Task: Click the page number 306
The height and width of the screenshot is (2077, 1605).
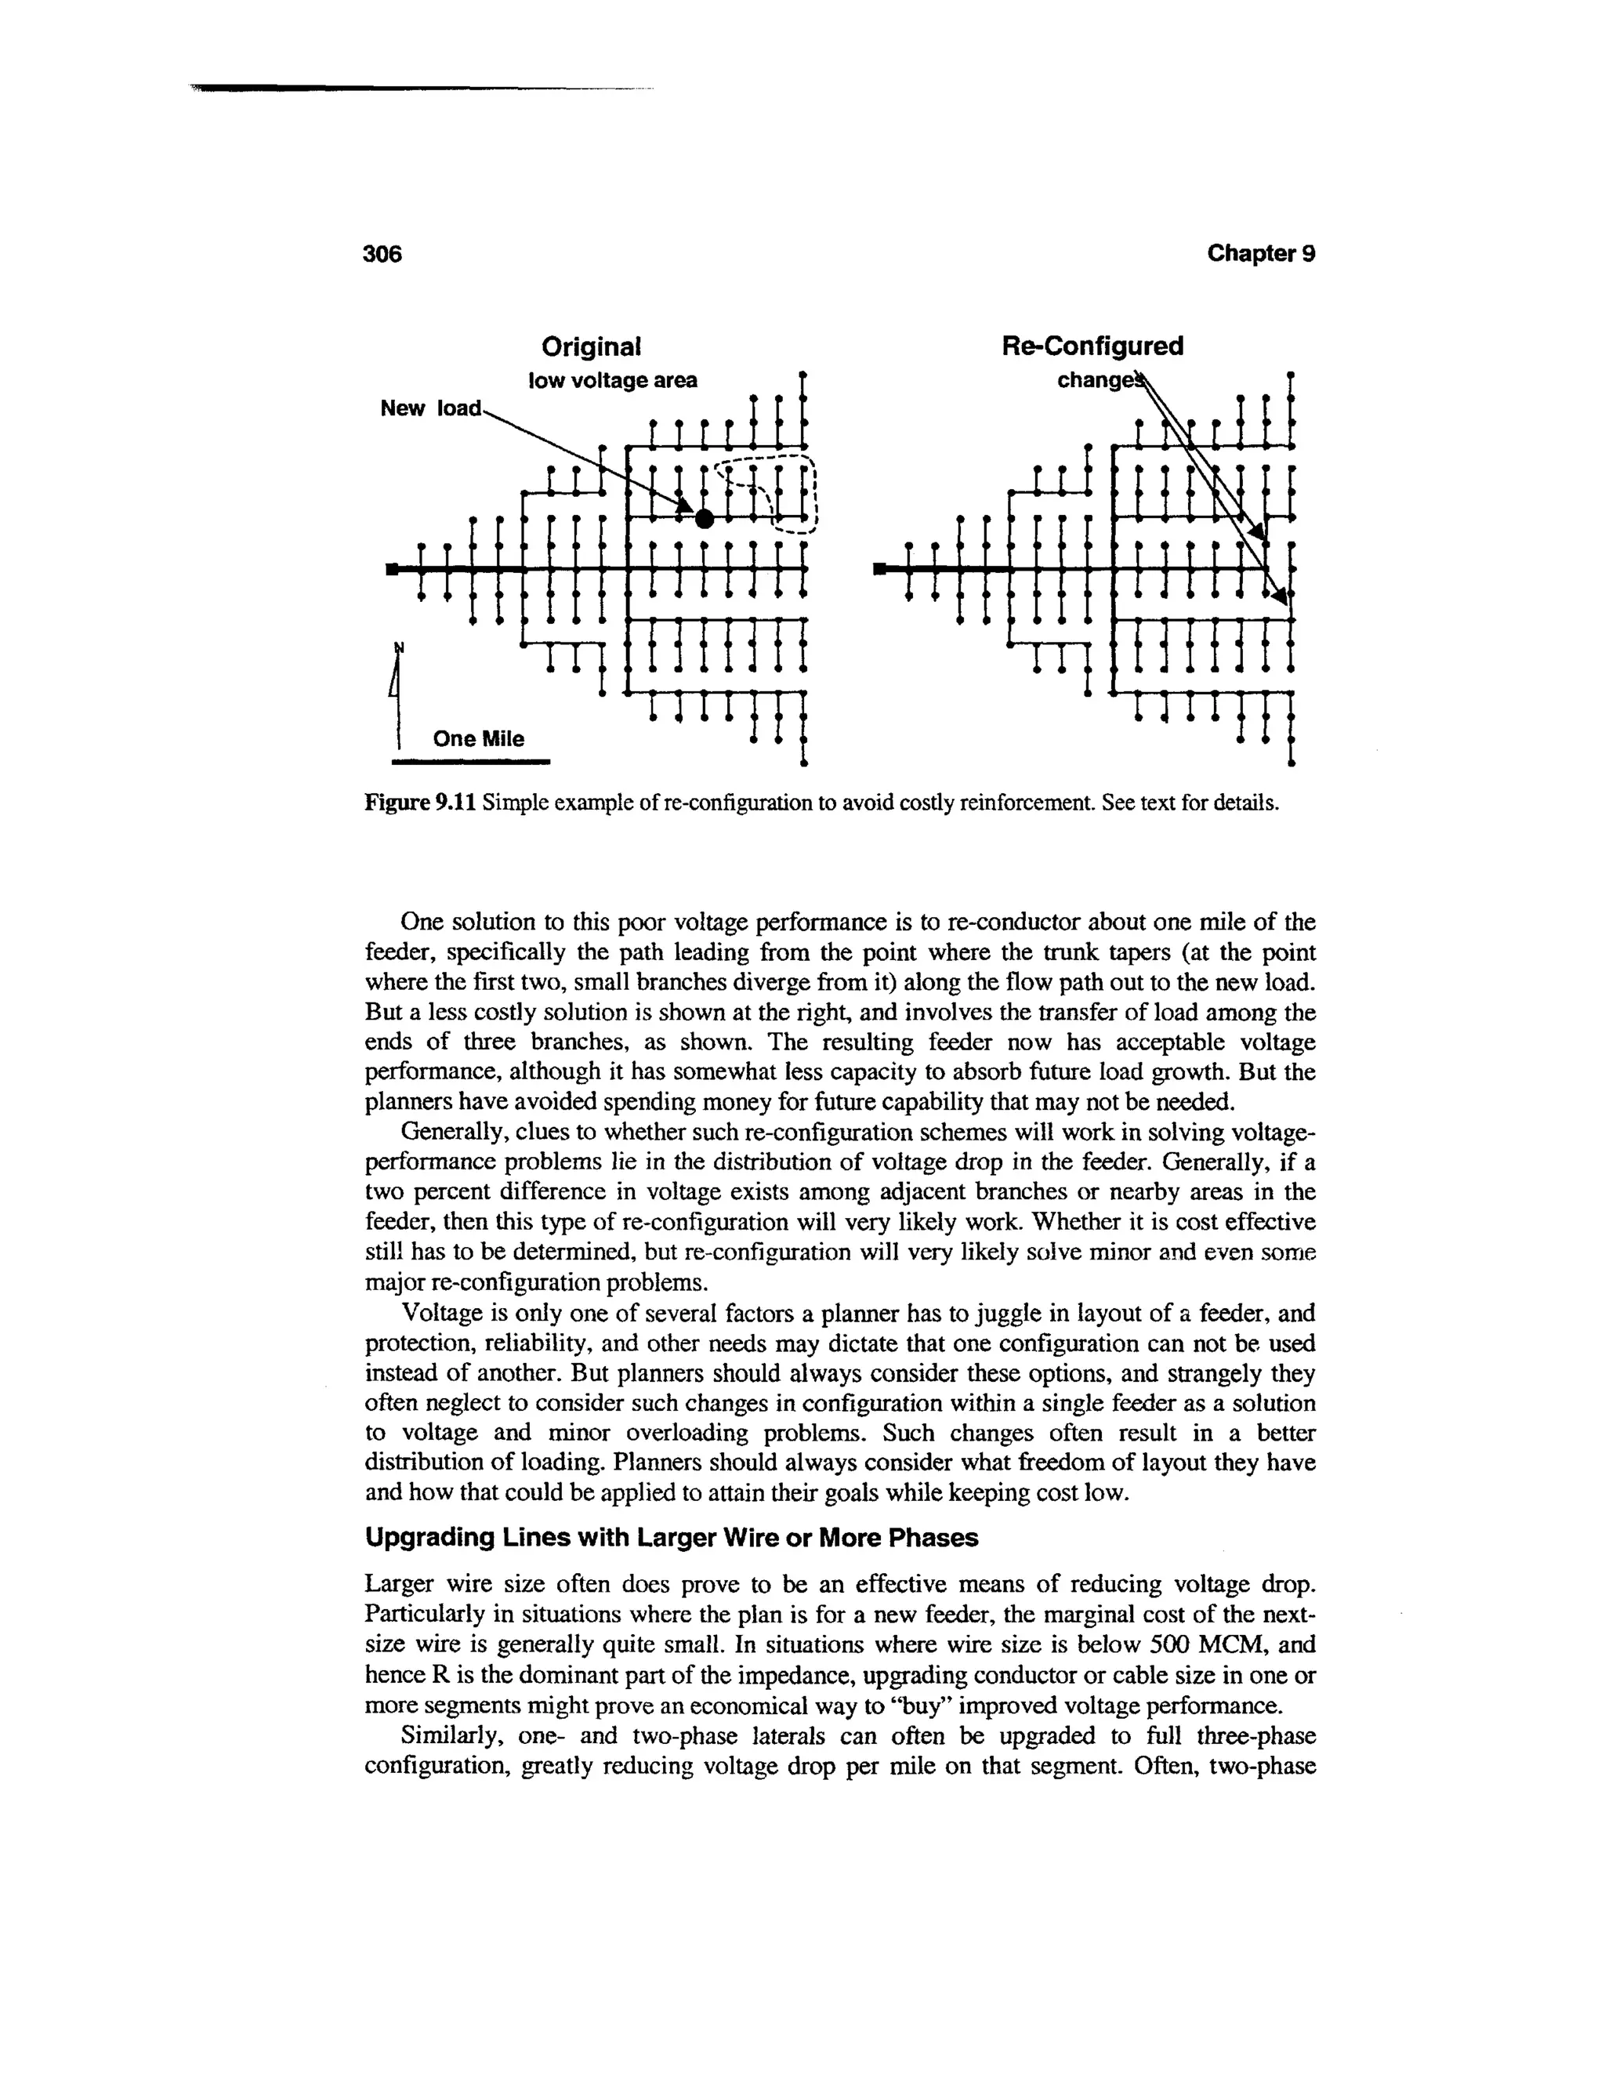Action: (x=384, y=254)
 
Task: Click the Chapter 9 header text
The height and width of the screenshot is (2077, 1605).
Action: (x=1261, y=254)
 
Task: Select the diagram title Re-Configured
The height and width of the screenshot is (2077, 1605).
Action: (x=1092, y=346)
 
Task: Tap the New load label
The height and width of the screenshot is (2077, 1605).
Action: (x=431, y=409)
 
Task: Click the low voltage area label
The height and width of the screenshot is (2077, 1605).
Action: (x=612, y=380)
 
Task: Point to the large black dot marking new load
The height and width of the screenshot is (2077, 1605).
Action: (x=704, y=518)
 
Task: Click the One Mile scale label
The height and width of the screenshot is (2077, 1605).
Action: (x=478, y=739)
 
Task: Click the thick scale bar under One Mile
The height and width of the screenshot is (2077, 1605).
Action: (x=472, y=762)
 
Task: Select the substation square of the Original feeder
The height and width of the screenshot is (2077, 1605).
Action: (x=391, y=569)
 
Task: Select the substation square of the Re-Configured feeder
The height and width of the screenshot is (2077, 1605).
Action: (x=879, y=569)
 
